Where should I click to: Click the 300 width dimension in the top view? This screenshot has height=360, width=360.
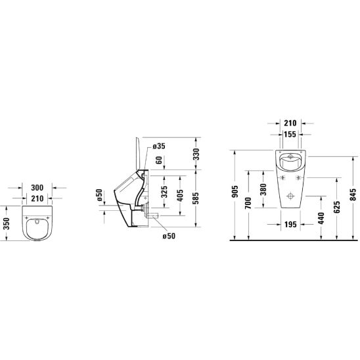pos(37,188)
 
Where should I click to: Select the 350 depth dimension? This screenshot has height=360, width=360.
pos(7,223)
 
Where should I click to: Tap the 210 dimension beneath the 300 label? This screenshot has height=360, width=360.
pos(37,198)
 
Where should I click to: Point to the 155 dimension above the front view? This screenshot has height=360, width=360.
pos(290,134)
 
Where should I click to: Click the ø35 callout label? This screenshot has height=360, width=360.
pos(159,146)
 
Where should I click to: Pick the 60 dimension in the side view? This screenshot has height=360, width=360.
pos(159,160)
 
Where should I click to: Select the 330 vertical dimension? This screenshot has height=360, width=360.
pos(196,154)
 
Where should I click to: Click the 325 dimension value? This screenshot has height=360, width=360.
pos(164,192)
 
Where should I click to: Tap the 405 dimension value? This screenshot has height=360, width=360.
pos(180,195)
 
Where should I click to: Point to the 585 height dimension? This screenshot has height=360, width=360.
pos(196,198)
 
